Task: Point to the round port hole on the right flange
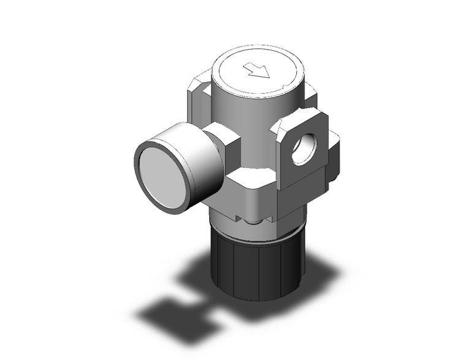(301, 149)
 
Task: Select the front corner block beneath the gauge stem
(251, 190)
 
